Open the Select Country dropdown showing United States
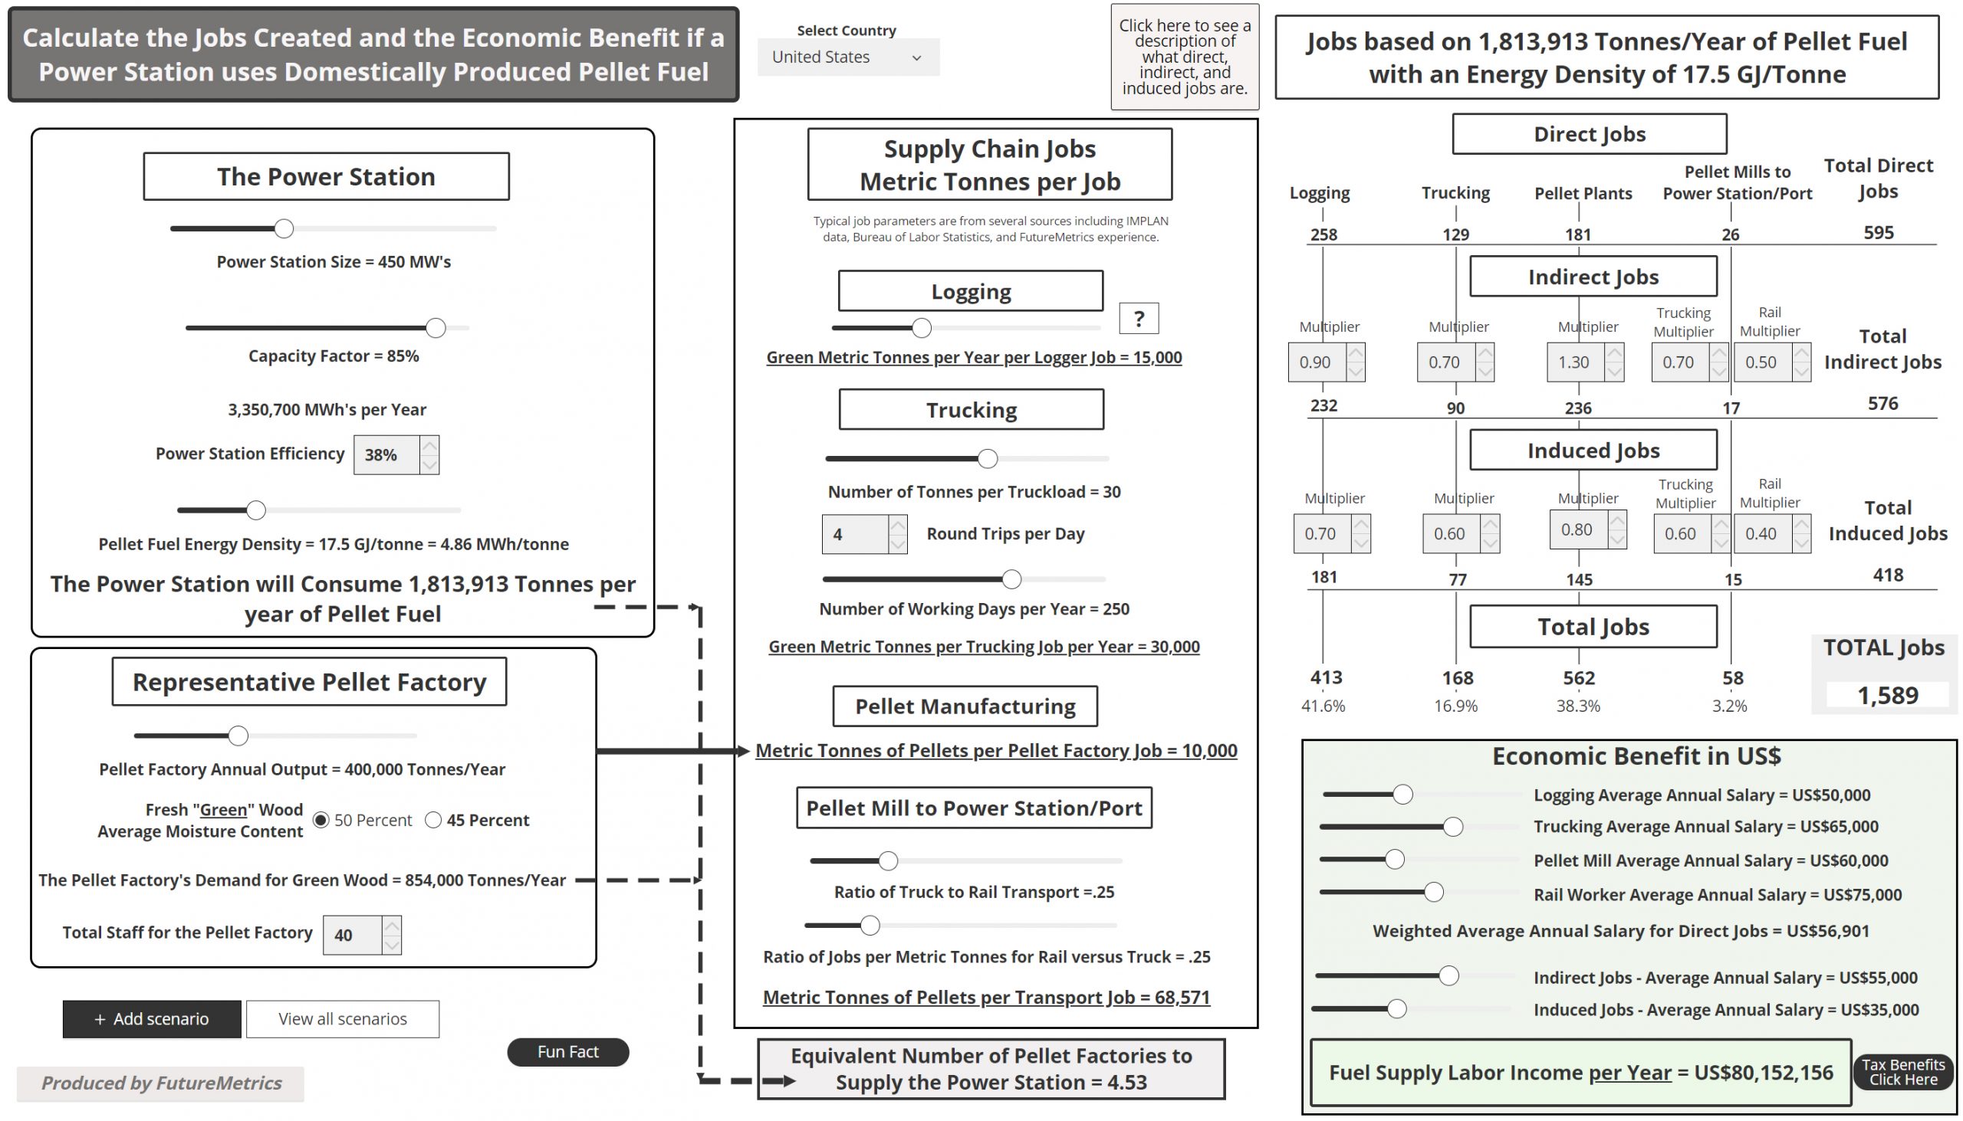point(847,57)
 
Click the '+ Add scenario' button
point(152,1018)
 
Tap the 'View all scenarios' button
point(342,1018)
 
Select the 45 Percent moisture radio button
point(434,820)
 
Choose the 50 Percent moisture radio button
point(321,820)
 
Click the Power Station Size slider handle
point(284,228)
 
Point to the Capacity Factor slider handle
point(436,327)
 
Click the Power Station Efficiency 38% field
point(386,454)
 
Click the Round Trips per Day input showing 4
point(854,534)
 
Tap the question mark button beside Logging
point(1138,318)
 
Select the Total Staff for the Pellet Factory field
point(352,935)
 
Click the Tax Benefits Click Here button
point(1902,1072)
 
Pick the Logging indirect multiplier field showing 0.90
point(1317,362)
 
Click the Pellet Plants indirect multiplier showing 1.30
point(1576,362)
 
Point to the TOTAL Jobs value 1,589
point(1887,695)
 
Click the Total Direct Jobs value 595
point(1877,232)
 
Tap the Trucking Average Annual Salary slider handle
point(1452,827)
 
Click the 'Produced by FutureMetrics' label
point(161,1083)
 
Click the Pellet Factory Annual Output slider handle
point(238,736)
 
